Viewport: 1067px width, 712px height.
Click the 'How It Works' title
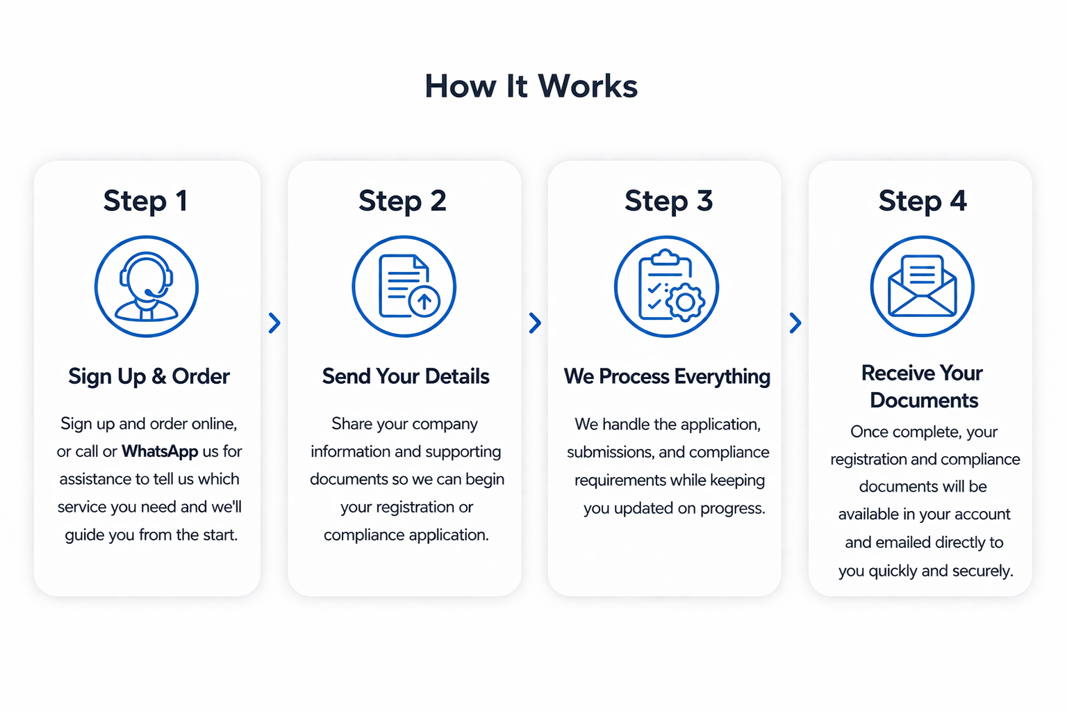531,86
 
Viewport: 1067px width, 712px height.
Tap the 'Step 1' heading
145,201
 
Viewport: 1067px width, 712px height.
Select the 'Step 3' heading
668,201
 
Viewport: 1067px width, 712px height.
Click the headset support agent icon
147,286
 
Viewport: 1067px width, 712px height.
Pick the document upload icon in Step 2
404,286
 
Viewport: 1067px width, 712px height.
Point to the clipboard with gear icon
666,286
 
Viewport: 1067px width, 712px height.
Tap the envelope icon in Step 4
923,286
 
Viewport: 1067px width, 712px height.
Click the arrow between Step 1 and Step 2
274,323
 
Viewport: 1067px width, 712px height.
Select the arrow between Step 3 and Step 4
795,323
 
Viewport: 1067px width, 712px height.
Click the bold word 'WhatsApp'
160,451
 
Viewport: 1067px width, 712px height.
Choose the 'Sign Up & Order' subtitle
149,376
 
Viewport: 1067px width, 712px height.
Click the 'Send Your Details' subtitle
406,376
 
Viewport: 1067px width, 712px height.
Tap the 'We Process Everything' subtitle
667,376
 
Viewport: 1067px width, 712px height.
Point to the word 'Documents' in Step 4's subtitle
924,400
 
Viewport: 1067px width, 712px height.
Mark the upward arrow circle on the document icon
424,301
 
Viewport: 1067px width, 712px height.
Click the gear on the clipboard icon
685,302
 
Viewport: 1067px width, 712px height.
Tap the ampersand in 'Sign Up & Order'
158,376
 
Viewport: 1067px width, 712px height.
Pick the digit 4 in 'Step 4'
958,200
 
